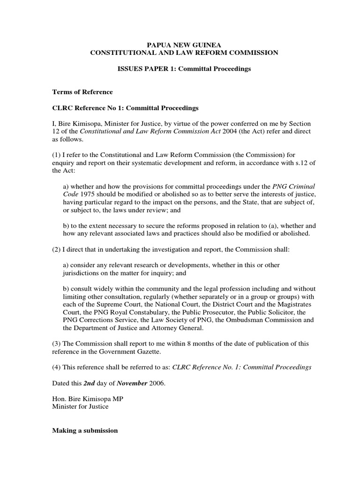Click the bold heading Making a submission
(85, 430)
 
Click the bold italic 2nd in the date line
(89, 383)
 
